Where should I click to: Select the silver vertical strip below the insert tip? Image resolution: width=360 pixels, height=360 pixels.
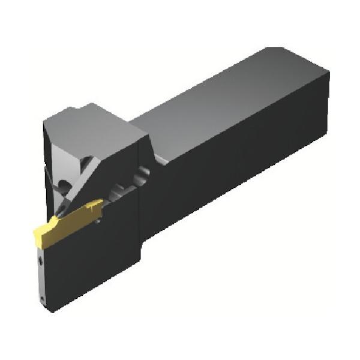pos(42,276)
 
